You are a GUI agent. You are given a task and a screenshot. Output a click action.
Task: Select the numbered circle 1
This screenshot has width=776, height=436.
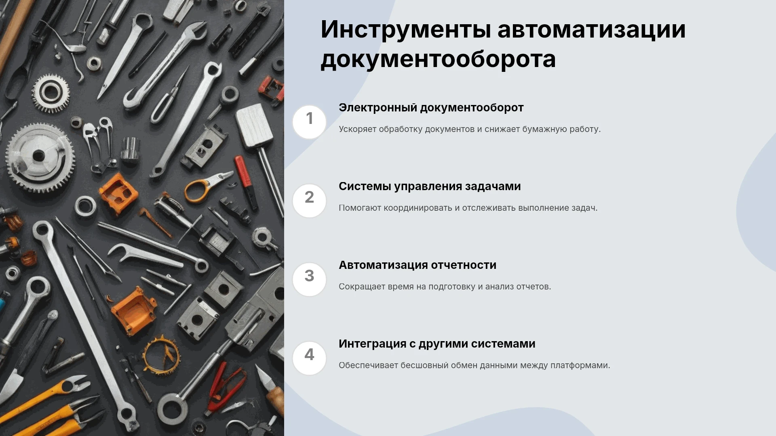(x=309, y=122)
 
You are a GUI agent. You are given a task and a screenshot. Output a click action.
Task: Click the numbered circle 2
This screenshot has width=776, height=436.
(x=309, y=201)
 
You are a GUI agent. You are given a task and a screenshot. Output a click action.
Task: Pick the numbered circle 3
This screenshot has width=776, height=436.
(x=309, y=279)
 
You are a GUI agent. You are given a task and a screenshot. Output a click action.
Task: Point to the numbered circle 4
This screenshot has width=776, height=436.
(x=309, y=358)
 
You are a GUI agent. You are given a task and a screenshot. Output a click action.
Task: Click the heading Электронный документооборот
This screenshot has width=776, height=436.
(x=431, y=108)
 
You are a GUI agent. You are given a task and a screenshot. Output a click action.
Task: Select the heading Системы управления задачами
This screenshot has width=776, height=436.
(x=430, y=187)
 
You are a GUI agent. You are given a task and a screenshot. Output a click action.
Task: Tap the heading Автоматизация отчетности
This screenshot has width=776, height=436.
(x=418, y=265)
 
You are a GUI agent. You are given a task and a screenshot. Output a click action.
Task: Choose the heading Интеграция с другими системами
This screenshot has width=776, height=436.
(x=437, y=344)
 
